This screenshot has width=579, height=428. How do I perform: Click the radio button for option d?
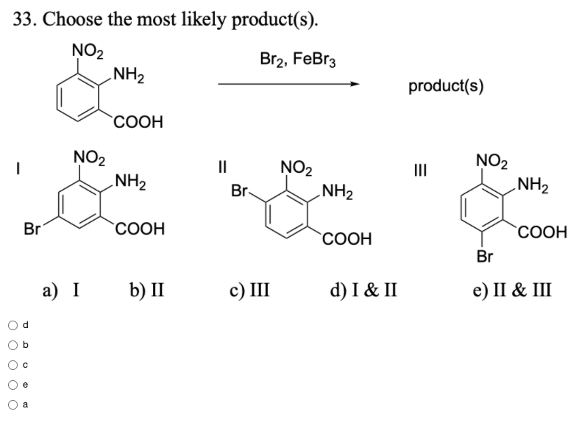(13, 324)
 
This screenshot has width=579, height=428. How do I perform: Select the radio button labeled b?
(13, 343)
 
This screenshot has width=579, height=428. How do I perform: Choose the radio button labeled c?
(13, 363)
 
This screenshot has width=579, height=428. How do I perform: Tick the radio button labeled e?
(13, 383)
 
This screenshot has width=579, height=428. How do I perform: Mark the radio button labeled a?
(13, 403)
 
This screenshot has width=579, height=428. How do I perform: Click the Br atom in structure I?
(32, 229)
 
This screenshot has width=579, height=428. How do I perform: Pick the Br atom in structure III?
(483, 256)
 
